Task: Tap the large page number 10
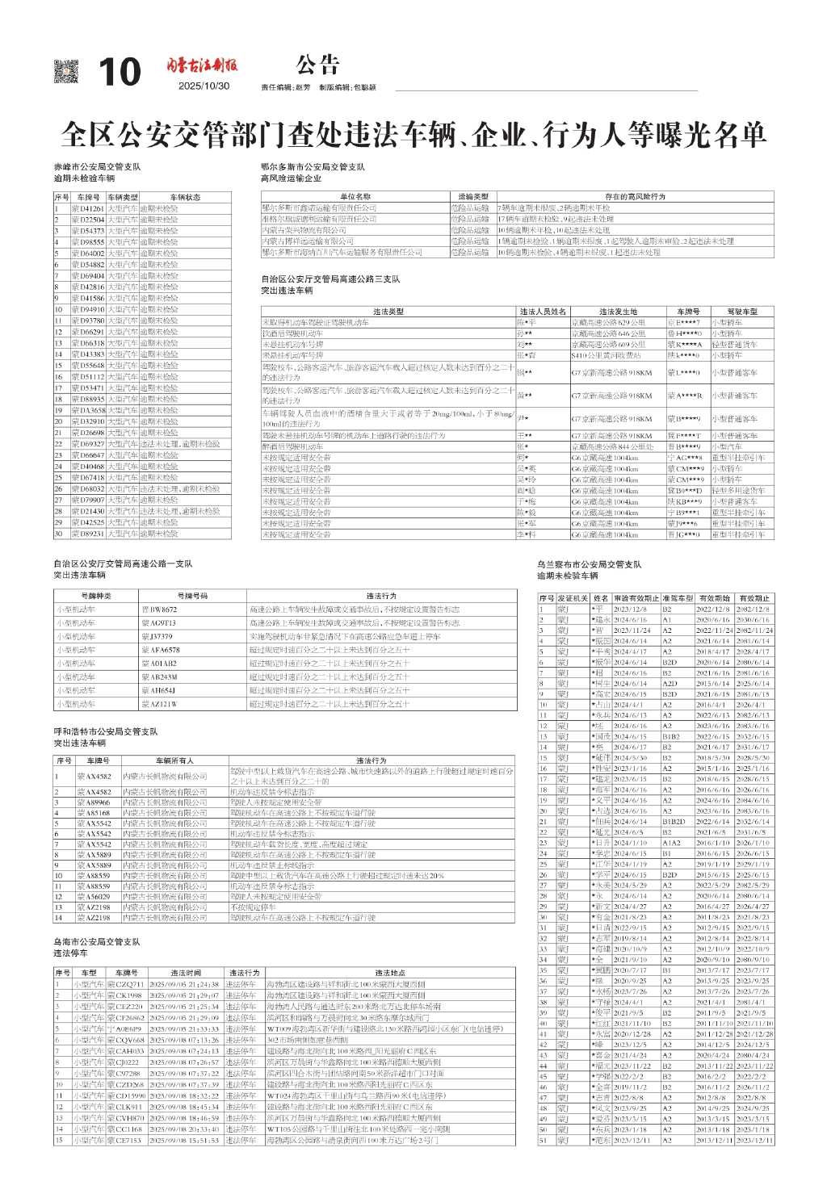pyautogui.click(x=119, y=73)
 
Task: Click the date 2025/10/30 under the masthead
pyautogui.click(x=204, y=86)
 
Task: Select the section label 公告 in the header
pyautogui.click(x=317, y=65)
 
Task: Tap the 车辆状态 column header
pyautogui.click(x=185, y=197)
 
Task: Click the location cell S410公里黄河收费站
pyautogui.click(x=607, y=355)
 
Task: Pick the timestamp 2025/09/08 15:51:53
pyautogui.click(x=183, y=1140)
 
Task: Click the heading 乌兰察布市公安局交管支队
pyautogui.click(x=590, y=564)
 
